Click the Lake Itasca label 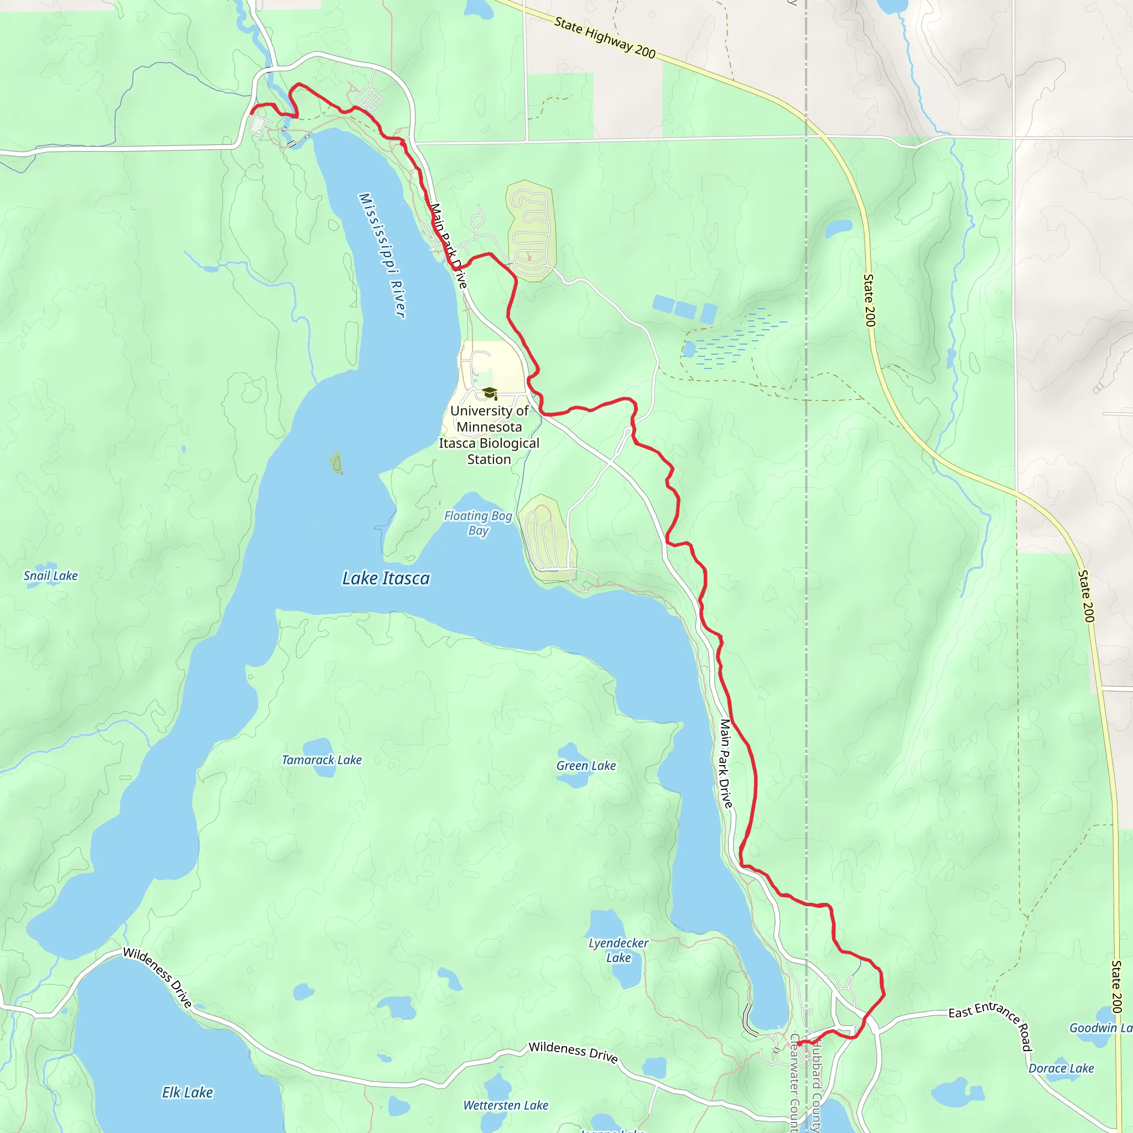coord(386,579)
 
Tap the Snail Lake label coord(50,576)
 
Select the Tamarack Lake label coord(321,760)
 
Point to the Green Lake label coord(586,766)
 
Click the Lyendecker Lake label coord(618,950)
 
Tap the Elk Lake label coord(187,1093)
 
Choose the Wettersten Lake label coord(506,1105)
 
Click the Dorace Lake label coord(1061,1068)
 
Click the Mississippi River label coord(382,256)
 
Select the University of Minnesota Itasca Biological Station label coord(489,435)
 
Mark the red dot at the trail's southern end coord(799,1043)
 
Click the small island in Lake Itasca coord(336,462)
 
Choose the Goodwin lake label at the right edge coord(1100,1027)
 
